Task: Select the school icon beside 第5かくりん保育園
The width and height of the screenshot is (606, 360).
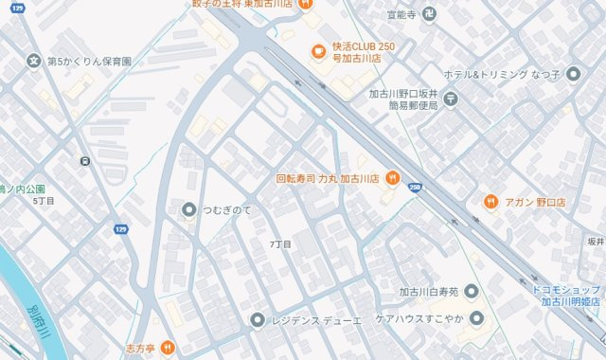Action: click(x=34, y=62)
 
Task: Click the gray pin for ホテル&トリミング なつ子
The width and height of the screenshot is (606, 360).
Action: click(x=572, y=73)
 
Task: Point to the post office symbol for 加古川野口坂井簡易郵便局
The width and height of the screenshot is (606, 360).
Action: click(x=450, y=98)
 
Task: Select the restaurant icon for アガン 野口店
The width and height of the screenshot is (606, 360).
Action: click(x=490, y=202)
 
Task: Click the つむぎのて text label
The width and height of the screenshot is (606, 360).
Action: click(x=227, y=209)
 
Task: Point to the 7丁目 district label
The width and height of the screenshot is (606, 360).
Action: click(x=280, y=243)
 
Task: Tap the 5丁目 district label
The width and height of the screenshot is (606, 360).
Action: click(x=44, y=201)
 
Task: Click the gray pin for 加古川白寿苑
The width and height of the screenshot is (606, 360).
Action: click(x=471, y=292)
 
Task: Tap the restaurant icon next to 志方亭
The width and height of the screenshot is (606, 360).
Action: click(x=167, y=348)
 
